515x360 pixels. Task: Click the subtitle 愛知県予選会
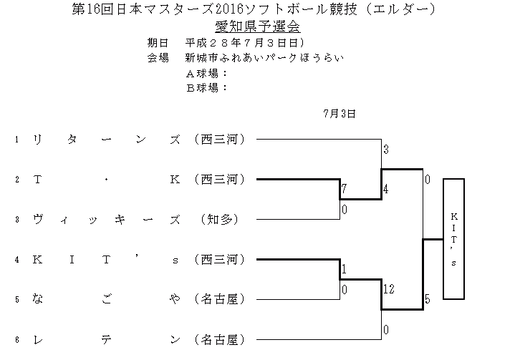(x=257, y=26)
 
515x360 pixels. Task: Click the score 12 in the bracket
(x=388, y=288)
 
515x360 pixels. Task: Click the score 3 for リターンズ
(x=385, y=150)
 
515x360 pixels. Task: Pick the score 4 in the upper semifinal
(x=385, y=190)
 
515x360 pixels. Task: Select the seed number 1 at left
(x=16, y=139)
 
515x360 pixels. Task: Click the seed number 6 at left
(x=16, y=339)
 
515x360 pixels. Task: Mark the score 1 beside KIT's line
(x=344, y=270)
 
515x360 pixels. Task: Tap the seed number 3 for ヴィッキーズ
(x=16, y=219)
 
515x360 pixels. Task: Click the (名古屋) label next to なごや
(x=220, y=298)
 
